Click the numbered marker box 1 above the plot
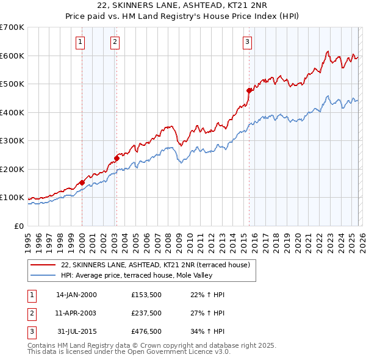(x=81, y=41)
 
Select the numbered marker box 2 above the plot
(x=115, y=41)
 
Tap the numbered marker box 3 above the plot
(x=247, y=41)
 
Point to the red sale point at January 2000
(x=82, y=182)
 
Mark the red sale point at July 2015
(x=249, y=90)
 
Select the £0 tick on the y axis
(x=18, y=226)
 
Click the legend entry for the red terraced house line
(x=155, y=265)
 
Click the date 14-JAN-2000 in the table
(x=76, y=295)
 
